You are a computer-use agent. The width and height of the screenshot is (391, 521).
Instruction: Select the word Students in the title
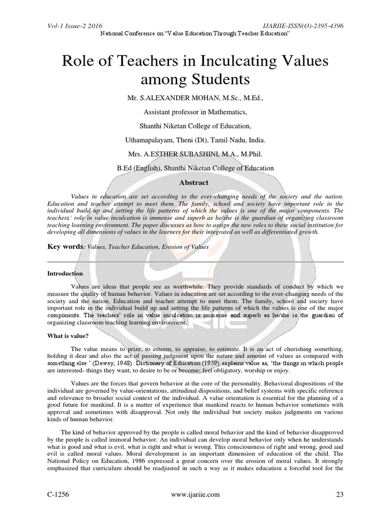coord(221,80)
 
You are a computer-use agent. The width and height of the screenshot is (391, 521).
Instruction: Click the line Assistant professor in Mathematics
coord(195,112)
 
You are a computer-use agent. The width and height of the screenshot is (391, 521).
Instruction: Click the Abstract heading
coord(195,182)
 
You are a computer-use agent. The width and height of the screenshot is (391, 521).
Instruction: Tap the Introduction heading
coord(65,273)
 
